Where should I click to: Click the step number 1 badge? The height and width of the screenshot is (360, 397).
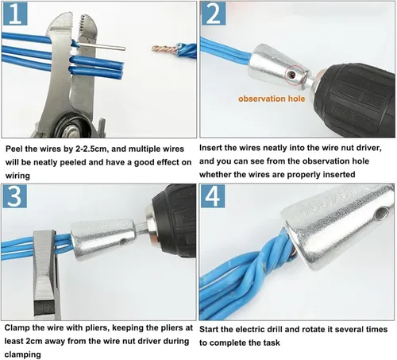(x=15, y=14)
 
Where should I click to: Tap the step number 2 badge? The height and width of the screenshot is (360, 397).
(x=214, y=14)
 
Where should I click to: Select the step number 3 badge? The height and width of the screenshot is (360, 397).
(x=15, y=196)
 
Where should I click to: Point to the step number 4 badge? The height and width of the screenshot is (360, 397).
(x=213, y=196)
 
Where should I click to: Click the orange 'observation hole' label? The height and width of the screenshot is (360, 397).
(x=272, y=99)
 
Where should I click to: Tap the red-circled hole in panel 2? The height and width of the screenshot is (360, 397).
(x=292, y=75)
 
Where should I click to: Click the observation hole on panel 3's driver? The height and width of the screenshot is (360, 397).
(x=123, y=242)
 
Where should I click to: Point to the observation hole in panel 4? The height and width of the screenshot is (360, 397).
(x=382, y=213)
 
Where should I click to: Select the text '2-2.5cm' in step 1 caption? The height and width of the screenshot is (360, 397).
(x=92, y=149)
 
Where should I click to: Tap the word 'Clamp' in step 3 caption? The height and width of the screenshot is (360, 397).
(x=17, y=328)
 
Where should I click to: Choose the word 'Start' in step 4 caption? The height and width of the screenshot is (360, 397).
(x=209, y=330)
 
